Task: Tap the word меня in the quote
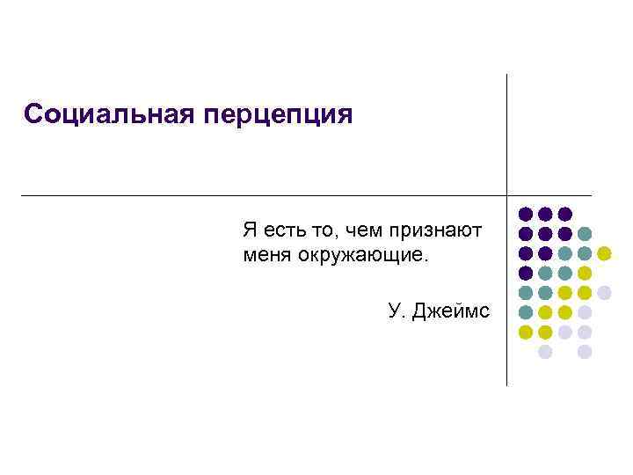pyautogui.click(x=267, y=256)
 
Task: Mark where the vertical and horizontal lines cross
pyautogui.click(x=507, y=194)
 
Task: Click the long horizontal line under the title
pyautogui.click(x=264, y=194)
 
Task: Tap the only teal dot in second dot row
pyautogui.click(x=585, y=234)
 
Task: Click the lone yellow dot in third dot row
pyautogui.click(x=604, y=253)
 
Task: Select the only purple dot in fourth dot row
pyautogui.click(x=525, y=273)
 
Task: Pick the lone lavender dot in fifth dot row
pyautogui.click(x=604, y=292)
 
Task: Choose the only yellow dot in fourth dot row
pyautogui.click(x=585, y=273)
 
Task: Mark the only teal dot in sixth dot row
pyautogui.click(x=525, y=312)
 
